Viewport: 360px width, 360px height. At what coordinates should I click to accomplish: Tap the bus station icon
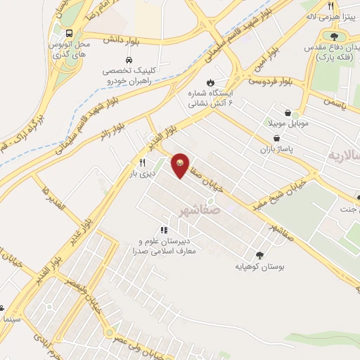pyautogui.click(x=69, y=32)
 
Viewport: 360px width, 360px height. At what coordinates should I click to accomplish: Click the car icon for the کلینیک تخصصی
pyautogui.click(x=129, y=60)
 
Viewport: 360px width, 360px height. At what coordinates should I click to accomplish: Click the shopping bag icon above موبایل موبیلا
pyautogui.click(x=288, y=112)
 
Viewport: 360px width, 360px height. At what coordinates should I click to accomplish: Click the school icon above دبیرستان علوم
pyautogui.click(x=164, y=229)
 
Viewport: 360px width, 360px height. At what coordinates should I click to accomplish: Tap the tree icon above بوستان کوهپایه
pyautogui.click(x=261, y=255)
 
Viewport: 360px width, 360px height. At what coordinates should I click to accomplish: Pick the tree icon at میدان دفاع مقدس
pyautogui.click(x=333, y=37)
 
